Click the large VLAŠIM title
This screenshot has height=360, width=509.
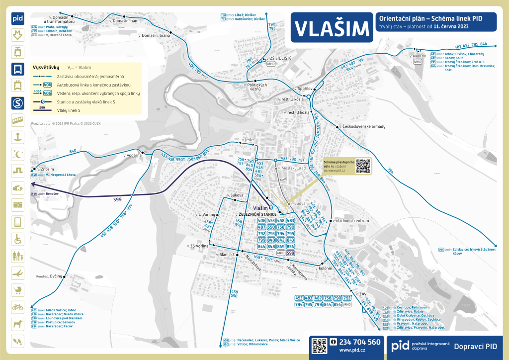coord(331,29)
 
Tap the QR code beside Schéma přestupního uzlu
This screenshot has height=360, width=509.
coord(364,166)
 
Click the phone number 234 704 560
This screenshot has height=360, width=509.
coord(360,342)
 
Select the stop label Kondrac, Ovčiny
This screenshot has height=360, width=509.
coord(49,276)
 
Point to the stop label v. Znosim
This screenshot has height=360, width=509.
coord(43,169)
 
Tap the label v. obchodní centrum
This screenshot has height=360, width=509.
coord(352,220)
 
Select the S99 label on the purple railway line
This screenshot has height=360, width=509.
coord(117,199)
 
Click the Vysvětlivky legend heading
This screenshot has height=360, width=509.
coord(46,67)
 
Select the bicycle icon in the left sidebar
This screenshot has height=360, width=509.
coord(18,307)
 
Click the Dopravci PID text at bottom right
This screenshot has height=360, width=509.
coord(476,346)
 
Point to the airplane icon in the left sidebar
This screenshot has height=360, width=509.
coord(18,273)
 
